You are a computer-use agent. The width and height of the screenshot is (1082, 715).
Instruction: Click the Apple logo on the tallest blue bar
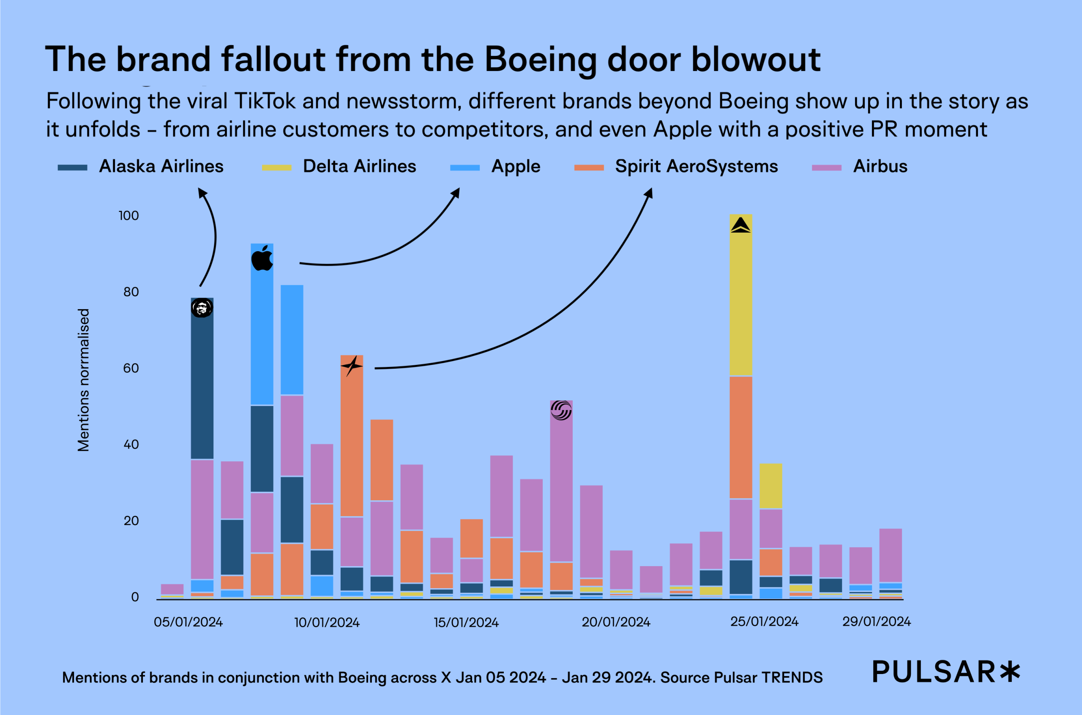(x=262, y=258)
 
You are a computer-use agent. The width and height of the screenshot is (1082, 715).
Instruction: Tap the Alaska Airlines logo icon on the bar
(x=202, y=308)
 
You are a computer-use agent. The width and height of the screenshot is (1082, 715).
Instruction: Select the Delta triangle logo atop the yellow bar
(x=740, y=225)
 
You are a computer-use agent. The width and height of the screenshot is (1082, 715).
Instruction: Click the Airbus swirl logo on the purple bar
(x=560, y=410)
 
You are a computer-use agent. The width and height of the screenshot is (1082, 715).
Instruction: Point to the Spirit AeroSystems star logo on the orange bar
(x=351, y=366)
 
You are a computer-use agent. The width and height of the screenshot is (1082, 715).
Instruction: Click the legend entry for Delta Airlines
(x=359, y=167)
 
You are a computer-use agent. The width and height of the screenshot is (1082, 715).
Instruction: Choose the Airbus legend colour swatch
(x=826, y=167)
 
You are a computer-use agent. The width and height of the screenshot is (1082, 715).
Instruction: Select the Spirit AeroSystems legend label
(x=696, y=167)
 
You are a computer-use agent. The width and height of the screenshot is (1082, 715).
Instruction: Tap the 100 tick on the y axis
(x=128, y=216)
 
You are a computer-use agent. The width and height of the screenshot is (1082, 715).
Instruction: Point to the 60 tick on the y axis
(x=131, y=368)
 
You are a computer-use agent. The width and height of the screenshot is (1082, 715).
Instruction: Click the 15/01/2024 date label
(x=466, y=622)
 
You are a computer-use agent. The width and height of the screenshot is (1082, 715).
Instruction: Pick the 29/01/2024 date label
(x=876, y=622)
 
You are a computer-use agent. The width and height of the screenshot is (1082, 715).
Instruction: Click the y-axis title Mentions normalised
(x=84, y=380)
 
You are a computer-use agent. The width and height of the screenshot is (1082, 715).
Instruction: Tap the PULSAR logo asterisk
(x=1010, y=672)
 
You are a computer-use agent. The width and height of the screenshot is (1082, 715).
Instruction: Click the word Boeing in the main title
(x=541, y=60)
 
